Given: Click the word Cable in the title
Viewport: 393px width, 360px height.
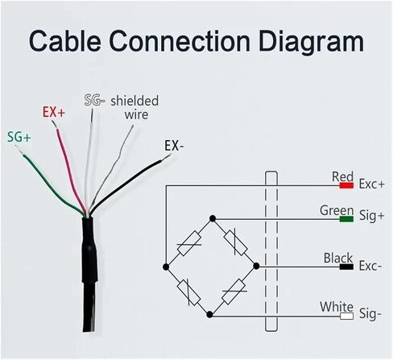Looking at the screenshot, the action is tap(65, 41).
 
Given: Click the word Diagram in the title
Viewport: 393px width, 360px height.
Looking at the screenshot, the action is tap(312, 43).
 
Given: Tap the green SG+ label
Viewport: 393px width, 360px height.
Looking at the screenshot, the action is tap(19, 137).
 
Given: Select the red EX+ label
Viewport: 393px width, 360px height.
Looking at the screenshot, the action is tap(54, 113).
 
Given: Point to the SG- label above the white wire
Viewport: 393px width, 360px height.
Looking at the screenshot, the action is tap(94, 100).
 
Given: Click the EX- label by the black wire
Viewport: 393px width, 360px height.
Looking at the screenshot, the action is tap(174, 146).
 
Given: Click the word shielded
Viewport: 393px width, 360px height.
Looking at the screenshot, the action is tap(134, 101).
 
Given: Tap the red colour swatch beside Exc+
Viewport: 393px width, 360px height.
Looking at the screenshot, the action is tap(346, 185).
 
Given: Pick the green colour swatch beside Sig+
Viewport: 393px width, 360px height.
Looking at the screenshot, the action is tap(346, 219).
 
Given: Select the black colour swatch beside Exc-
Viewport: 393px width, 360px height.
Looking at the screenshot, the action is tap(346, 267).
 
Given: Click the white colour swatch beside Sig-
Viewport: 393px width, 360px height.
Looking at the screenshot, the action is tap(346, 316).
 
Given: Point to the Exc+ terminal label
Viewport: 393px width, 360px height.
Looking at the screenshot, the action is tap(372, 184).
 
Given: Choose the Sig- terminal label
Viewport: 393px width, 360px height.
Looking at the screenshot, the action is tap(370, 314).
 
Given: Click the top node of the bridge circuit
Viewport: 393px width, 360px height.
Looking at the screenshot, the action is tap(213, 218).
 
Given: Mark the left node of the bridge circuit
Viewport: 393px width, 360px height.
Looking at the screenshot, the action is tap(166, 267).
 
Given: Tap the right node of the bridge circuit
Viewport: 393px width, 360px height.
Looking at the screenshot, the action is tap(256, 266).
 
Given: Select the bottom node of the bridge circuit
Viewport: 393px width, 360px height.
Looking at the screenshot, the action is tap(210, 314).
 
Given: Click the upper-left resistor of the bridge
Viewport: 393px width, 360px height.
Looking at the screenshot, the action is tap(189, 243).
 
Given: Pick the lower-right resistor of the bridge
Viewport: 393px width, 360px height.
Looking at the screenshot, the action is tap(234, 292).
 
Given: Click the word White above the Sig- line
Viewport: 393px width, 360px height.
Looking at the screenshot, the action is tap(337, 307).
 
